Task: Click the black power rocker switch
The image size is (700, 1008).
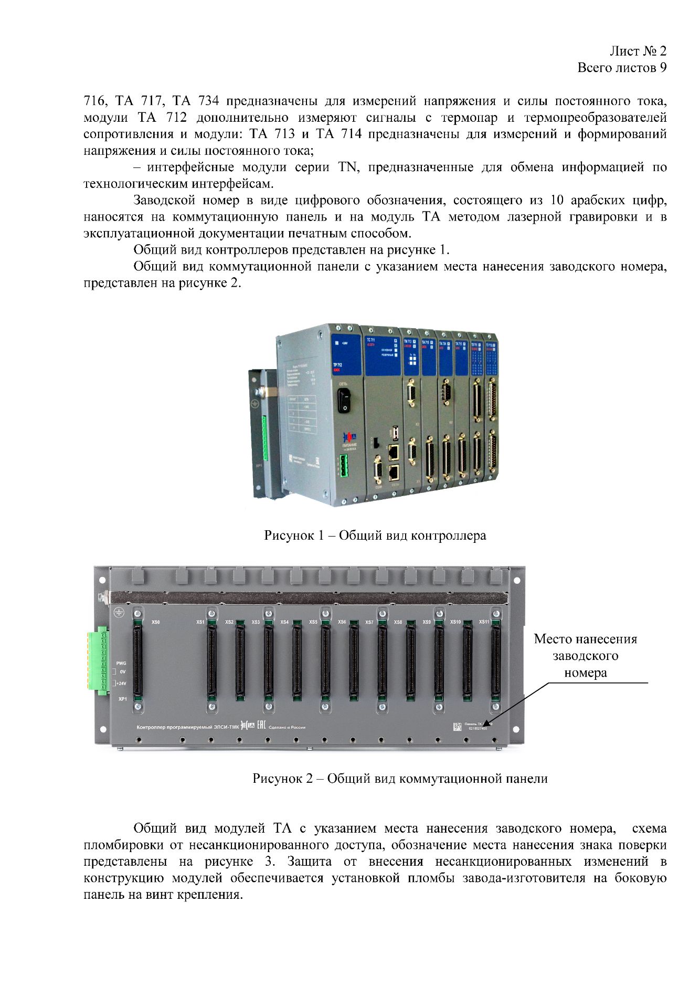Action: pyautogui.click(x=344, y=400)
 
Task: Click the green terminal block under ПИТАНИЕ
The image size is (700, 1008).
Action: pyautogui.click(x=344, y=466)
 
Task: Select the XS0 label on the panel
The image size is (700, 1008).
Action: pyautogui.click(x=155, y=622)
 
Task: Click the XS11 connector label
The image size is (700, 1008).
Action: pyautogui.click(x=483, y=622)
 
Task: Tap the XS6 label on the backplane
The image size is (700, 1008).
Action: pyautogui.click(x=342, y=622)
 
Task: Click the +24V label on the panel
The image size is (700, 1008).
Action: pyautogui.click(x=121, y=684)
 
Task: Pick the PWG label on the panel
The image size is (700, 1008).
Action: pyautogui.click(x=121, y=663)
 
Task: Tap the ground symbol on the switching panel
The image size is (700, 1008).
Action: pyautogui.click(x=119, y=613)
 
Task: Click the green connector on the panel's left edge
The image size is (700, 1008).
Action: pyautogui.click(x=98, y=660)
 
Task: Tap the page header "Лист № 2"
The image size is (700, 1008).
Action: pyautogui.click(x=638, y=51)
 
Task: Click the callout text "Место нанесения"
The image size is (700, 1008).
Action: pyautogui.click(x=585, y=639)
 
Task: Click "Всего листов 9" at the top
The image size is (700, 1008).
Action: pyautogui.click(x=622, y=68)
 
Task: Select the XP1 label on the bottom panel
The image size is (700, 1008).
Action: pyautogui.click(x=122, y=699)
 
